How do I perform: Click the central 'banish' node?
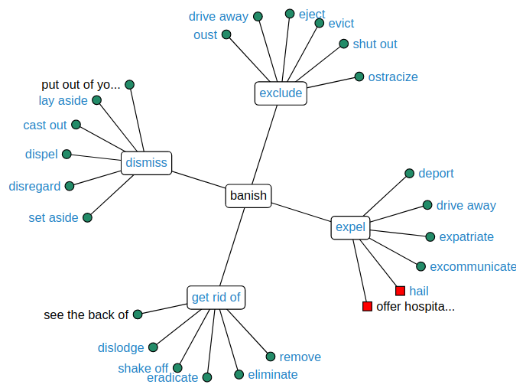pyautogui.click(x=248, y=195)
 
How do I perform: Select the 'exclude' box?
pyautogui.click(x=281, y=93)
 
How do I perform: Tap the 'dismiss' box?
pyautogui.click(x=145, y=163)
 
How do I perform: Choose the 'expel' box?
pyautogui.click(x=351, y=227)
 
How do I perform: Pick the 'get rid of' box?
pyautogui.click(x=216, y=297)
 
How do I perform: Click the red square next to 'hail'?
pyautogui.click(x=400, y=291)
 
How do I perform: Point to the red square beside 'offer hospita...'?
pyautogui.click(x=367, y=307)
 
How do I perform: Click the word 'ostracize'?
pyautogui.click(x=392, y=77)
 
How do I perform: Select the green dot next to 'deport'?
pyautogui.click(x=409, y=174)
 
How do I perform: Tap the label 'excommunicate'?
pyautogui.click(x=472, y=266)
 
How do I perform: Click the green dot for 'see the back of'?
pyautogui.click(x=138, y=314)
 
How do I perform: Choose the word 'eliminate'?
pyautogui.click(x=272, y=374)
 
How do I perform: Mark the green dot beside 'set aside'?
pyautogui.click(x=87, y=217)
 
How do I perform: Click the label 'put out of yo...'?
pyautogui.click(x=81, y=84)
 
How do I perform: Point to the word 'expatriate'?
pyautogui.click(x=466, y=236)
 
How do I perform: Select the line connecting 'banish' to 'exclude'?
pyautogui.click(x=264, y=145)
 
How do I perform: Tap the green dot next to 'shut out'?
pyautogui.click(x=344, y=44)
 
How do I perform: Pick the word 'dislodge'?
pyautogui.click(x=121, y=347)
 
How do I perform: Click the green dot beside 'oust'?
pyautogui.click(x=226, y=34)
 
